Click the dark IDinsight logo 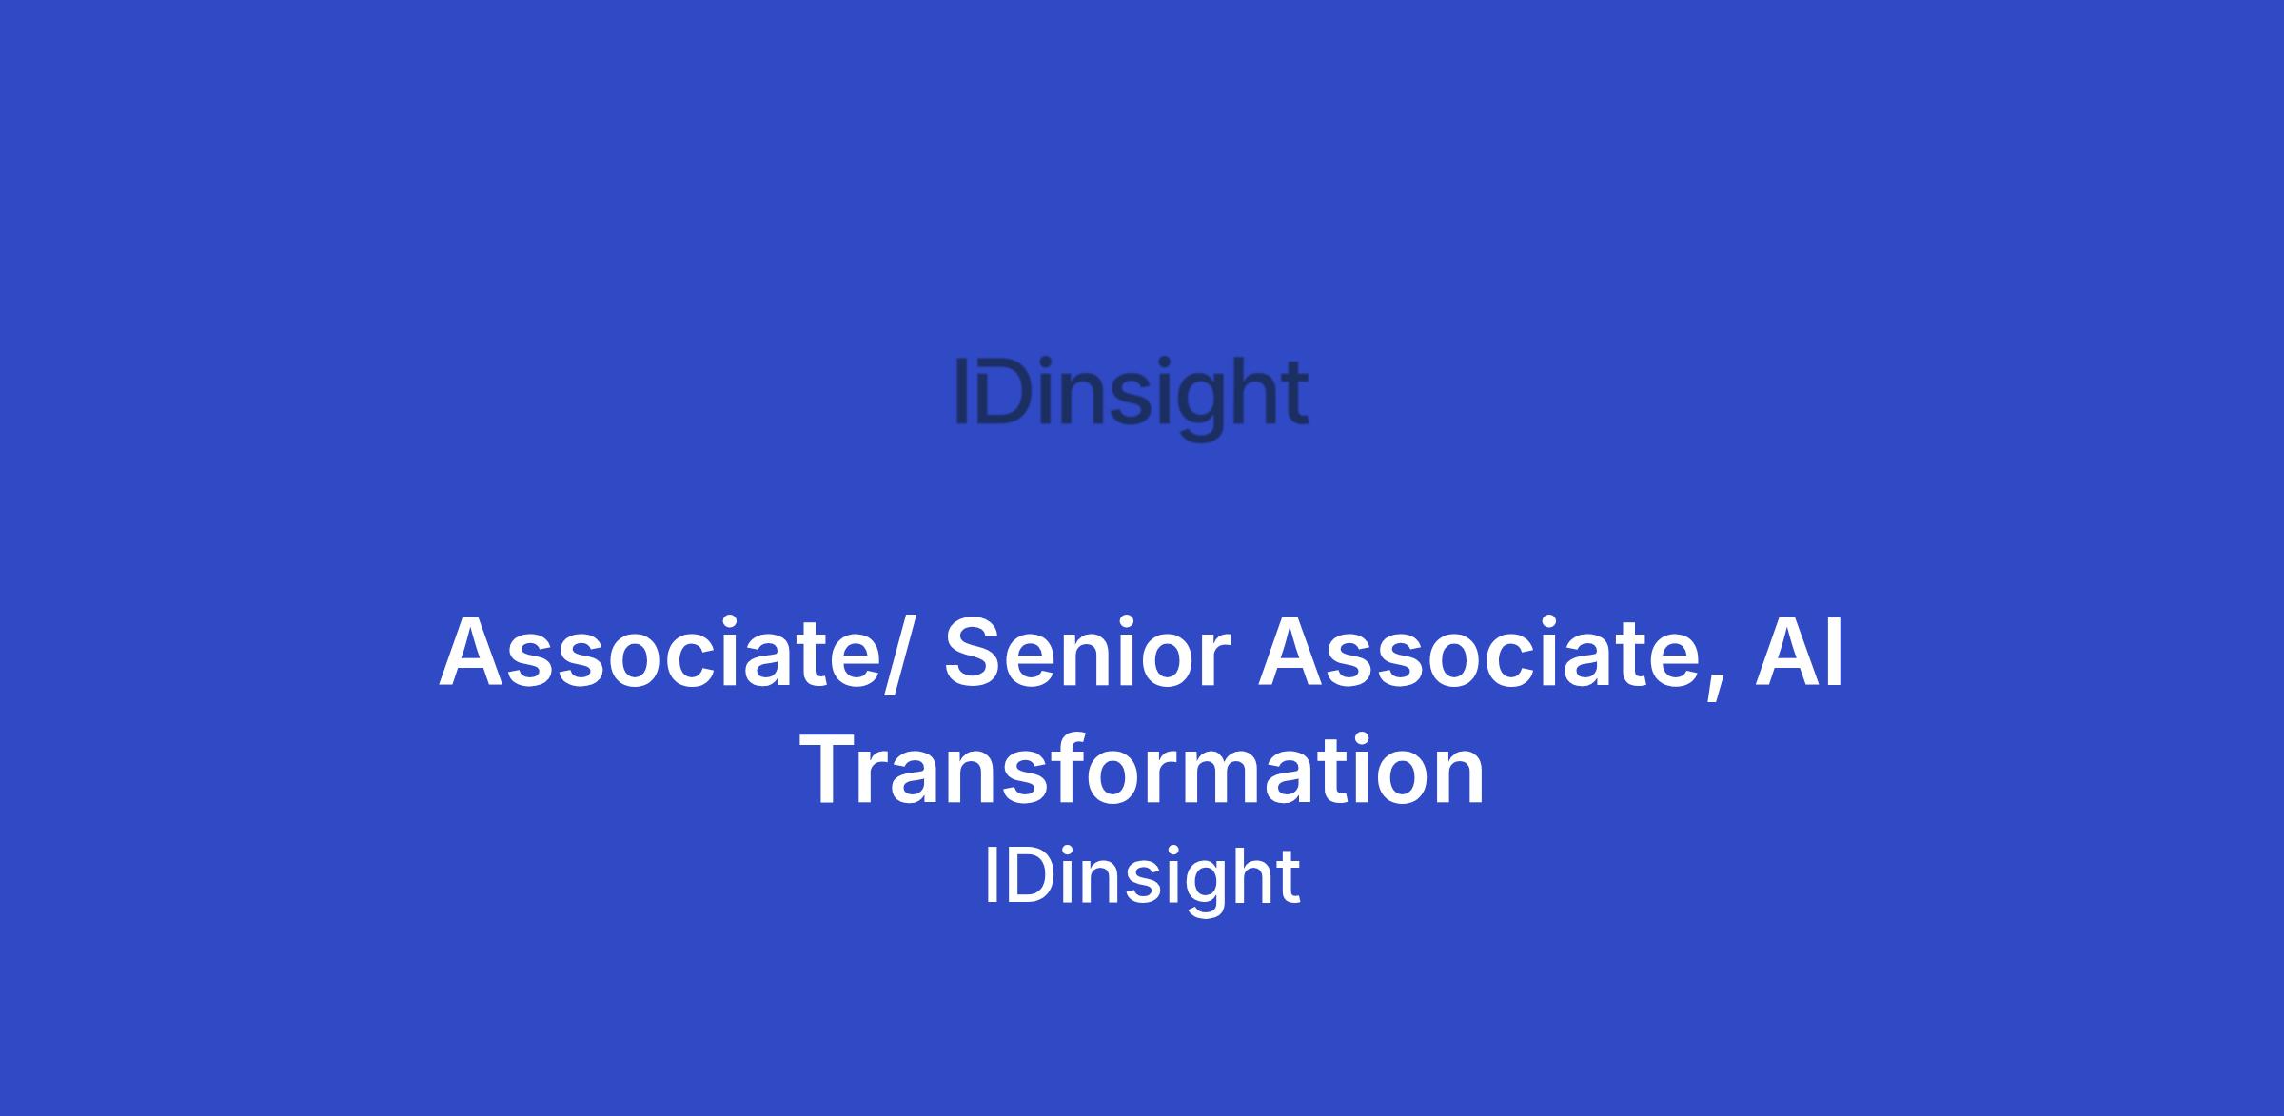pos(1132,398)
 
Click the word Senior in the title pos(1088,653)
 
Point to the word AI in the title pos(1799,653)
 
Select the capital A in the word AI pos(1786,653)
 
